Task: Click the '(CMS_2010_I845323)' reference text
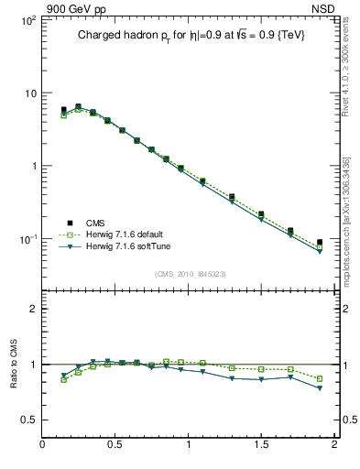click(x=190, y=274)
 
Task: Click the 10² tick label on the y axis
click(x=28, y=20)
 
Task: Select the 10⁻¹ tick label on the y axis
click(x=27, y=239)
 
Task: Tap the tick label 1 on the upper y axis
click(x=33, y=166)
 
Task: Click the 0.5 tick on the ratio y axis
click(x=29, y=420)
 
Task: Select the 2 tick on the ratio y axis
click(x=33, y=309)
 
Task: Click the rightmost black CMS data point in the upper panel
click(x=320, y=243)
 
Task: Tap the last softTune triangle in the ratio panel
click(x=320, y=388)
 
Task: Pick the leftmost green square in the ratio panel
click(x=63, y=379)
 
